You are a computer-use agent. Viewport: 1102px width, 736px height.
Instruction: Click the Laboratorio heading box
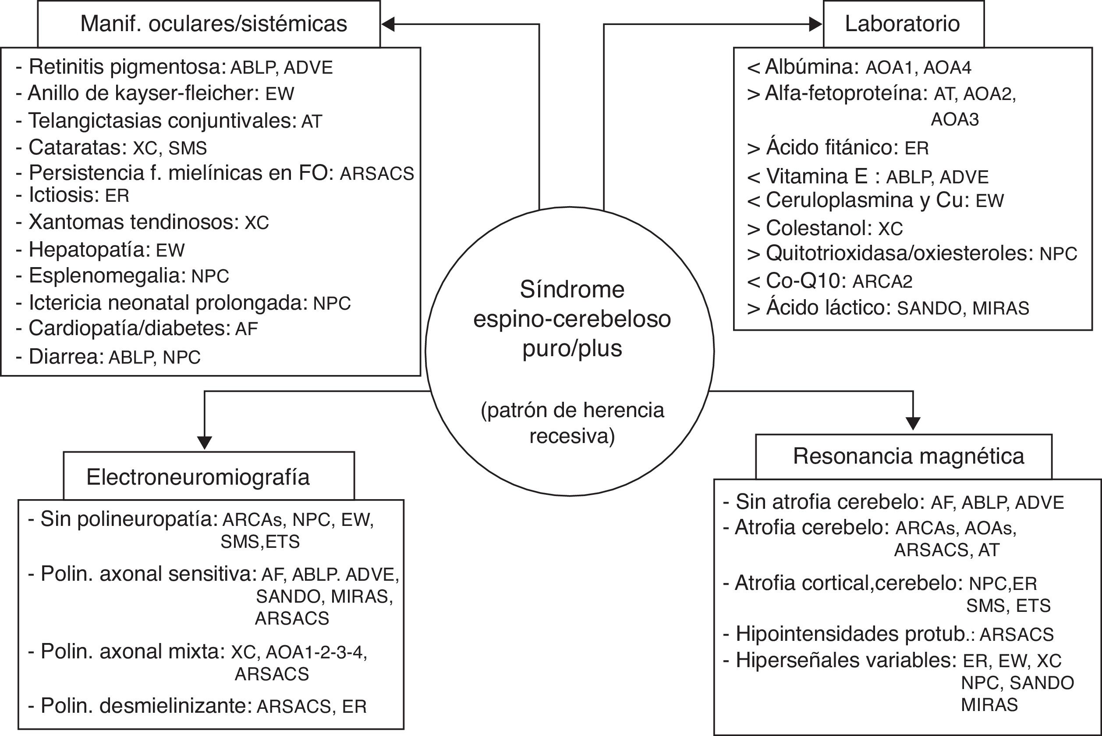tap(903, 24)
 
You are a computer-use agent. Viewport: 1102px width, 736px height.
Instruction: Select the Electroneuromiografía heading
tap(198, 477)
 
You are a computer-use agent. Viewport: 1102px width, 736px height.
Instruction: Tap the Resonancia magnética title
tap(908, 456)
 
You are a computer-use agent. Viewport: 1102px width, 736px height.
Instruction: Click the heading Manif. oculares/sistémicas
tap(213, 24)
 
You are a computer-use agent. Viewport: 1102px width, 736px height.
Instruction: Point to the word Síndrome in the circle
tap(572, 289)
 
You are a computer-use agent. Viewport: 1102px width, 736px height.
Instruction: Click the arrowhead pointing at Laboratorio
tap(815, 25)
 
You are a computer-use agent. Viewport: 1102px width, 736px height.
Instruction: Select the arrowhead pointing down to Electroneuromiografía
tap(205, 443)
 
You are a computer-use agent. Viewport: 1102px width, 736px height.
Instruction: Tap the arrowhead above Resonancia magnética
tap(913, 423)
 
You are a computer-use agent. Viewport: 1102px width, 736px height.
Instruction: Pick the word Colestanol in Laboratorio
tap(819, 228)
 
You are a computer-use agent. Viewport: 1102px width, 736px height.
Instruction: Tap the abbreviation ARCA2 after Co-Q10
tap(882, 281)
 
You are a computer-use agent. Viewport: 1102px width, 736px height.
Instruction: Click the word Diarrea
tap(66, 357)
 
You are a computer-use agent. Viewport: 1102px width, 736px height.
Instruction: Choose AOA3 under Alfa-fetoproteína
tap(955, 120)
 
